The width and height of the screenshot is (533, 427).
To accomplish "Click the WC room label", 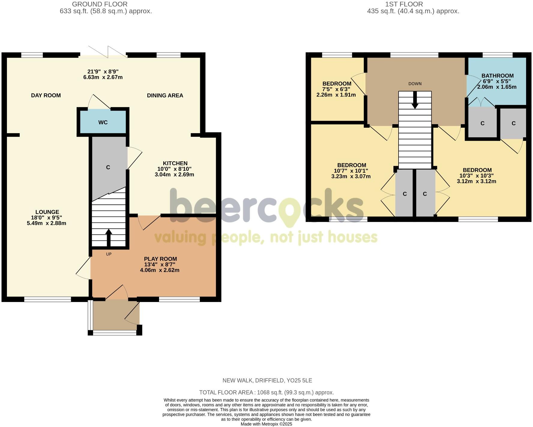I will (x=103, y=122).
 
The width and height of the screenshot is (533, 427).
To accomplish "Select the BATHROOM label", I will (x=497, y=76).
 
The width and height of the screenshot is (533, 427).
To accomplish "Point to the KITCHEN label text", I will (x=175, y=163).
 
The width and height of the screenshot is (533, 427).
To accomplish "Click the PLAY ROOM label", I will (x=160, y=259).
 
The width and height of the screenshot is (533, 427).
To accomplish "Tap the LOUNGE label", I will (x=47, y=212).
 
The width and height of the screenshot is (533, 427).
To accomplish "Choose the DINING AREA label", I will (x=165, y=95).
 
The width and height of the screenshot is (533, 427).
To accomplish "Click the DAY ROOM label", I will (x=46, y=95).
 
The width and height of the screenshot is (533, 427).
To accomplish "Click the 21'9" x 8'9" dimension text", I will (x=103, y=72).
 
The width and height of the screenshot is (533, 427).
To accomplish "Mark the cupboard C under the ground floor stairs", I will (x=108, y=167).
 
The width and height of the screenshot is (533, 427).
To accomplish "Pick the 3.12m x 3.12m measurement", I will (x=476, y=181).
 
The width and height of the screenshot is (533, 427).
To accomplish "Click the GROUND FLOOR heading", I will (x=100, y=4).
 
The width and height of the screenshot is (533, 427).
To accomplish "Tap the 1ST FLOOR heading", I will (x=404, y=4).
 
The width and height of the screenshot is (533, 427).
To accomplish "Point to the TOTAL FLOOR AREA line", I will (x=266, y=393).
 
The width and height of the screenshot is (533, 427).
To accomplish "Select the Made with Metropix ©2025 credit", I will (x=266, y=424).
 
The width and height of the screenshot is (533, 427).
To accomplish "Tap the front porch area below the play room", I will (x=116, y=315).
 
